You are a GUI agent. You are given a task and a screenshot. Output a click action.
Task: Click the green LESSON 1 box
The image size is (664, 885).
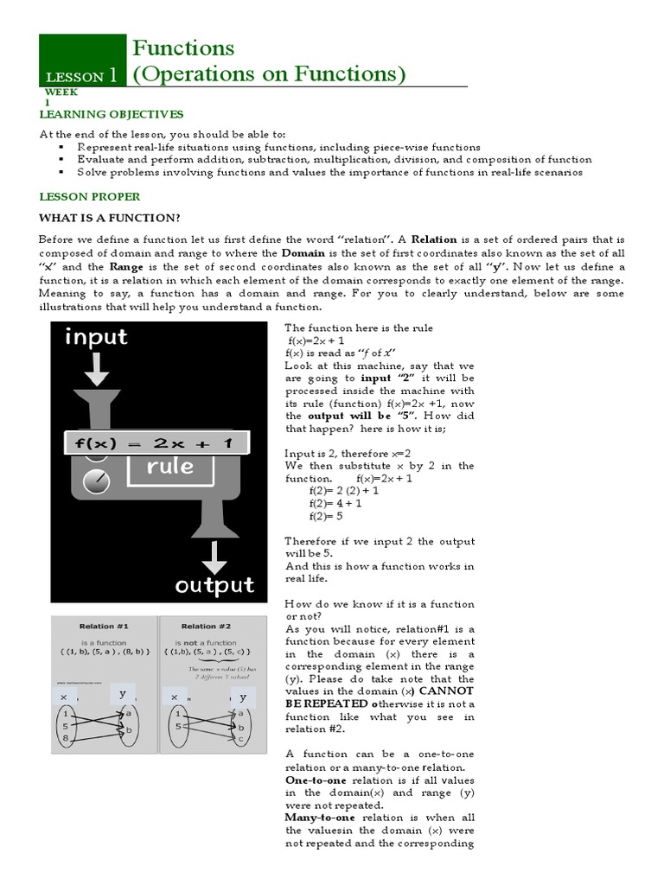click(83, 60)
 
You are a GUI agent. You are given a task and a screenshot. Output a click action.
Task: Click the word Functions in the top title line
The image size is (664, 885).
click(182, 48)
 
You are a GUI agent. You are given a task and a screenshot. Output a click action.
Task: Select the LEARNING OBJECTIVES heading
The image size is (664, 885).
click(112, 114)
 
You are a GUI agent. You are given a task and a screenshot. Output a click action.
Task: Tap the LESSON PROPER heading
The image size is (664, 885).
click(84, 196)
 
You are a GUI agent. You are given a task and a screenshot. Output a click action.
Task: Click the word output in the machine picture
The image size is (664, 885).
click(214, 585)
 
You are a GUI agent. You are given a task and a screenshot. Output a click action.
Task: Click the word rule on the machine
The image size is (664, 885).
click(169, 467)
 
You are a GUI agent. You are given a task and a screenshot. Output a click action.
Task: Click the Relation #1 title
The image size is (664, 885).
click(104, 626)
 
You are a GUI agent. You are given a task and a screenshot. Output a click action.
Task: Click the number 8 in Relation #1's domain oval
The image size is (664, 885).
click(67, 739)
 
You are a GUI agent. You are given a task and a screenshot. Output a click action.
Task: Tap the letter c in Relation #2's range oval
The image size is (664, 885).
click(241, 741)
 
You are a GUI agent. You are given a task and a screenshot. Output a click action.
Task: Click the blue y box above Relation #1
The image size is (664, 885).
click(122, 694)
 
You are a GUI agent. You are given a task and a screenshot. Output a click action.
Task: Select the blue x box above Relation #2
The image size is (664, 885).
click(175, 697)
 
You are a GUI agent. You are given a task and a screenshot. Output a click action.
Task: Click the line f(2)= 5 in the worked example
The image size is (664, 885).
click(326, 516)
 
